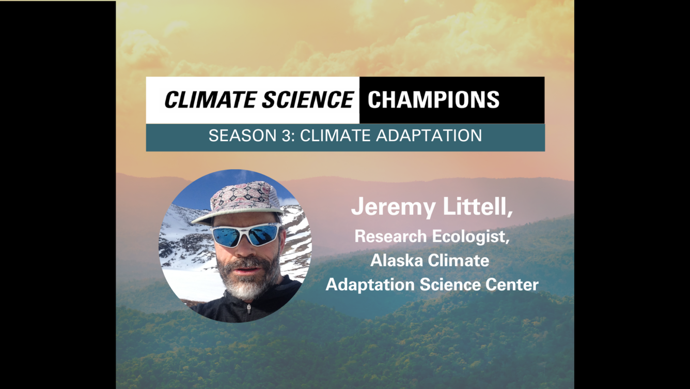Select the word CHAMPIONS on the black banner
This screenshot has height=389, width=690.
coord(433,100)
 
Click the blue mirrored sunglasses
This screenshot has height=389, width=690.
coord(246,234)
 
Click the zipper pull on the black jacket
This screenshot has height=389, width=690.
coord(249,308)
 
